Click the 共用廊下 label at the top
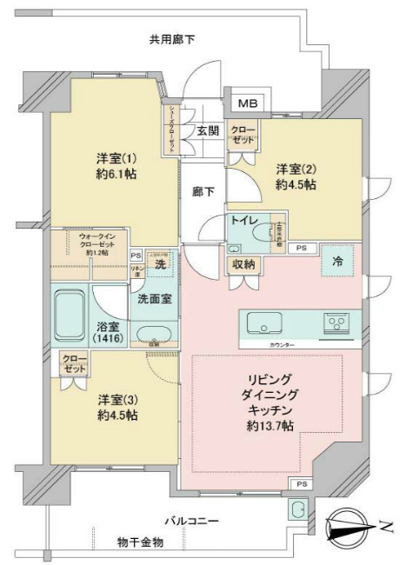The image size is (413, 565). click(171, 38)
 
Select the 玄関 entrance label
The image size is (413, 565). click(206, 131)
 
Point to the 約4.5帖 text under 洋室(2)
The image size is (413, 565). click(295, 185)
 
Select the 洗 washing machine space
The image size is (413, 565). click(161, 263)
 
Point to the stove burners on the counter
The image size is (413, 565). click(336, 323)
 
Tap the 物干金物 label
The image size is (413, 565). click(141, 542)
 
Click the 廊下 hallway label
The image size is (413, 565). click(204, 191)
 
